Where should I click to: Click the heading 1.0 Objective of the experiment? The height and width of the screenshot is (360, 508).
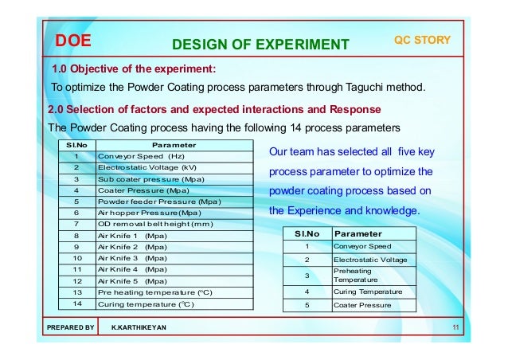click(x=134, y=68)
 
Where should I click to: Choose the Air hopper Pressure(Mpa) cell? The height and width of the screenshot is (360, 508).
click(x=149, y=213)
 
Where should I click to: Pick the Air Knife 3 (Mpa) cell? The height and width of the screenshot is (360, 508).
click(x=131, y=258)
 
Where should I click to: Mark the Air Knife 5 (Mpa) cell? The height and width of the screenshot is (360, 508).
click(x=131, y=281)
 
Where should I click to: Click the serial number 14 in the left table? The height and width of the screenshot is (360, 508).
click(x=76, y=303)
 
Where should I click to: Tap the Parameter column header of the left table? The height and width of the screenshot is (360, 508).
click(x=173, y=145)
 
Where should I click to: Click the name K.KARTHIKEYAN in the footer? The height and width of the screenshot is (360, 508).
click(x=140, y=327)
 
